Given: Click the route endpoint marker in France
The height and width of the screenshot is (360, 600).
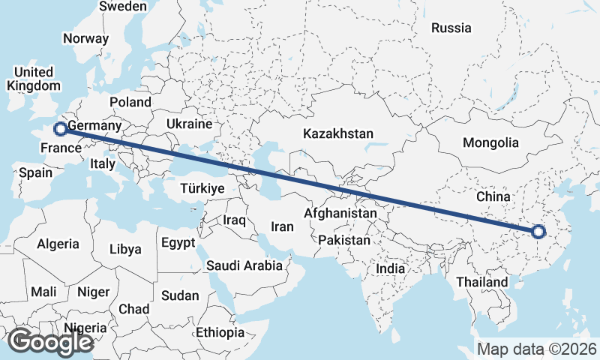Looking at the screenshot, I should click(60, 129).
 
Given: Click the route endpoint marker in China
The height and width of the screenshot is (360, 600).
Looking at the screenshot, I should click(538, 232).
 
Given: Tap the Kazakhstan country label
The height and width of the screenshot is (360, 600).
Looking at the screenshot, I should click(338, 134).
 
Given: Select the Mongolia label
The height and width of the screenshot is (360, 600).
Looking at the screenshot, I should click(490, 142).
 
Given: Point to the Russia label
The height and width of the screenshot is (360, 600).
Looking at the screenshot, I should click(451, 28).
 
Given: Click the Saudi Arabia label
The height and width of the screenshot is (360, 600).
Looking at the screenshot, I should click(244, 265).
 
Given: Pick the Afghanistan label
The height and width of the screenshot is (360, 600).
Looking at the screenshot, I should click(339, 214).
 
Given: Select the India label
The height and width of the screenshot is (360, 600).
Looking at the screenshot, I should click(390, 268).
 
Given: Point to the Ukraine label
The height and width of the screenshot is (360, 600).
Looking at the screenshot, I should click(189, 124).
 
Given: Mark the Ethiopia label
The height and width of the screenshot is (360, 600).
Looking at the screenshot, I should click(220, 332).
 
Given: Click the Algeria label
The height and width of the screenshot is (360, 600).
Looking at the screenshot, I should click(58, 244).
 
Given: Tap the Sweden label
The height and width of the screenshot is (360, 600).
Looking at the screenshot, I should click(123, 6).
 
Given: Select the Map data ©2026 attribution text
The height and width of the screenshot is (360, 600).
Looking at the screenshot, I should click(537, 349).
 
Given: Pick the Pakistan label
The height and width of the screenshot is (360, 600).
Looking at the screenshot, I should click(344, 241).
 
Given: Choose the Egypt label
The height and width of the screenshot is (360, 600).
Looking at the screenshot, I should click(178, 243).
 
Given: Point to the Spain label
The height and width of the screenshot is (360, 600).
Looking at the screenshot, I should click(36, 173).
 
